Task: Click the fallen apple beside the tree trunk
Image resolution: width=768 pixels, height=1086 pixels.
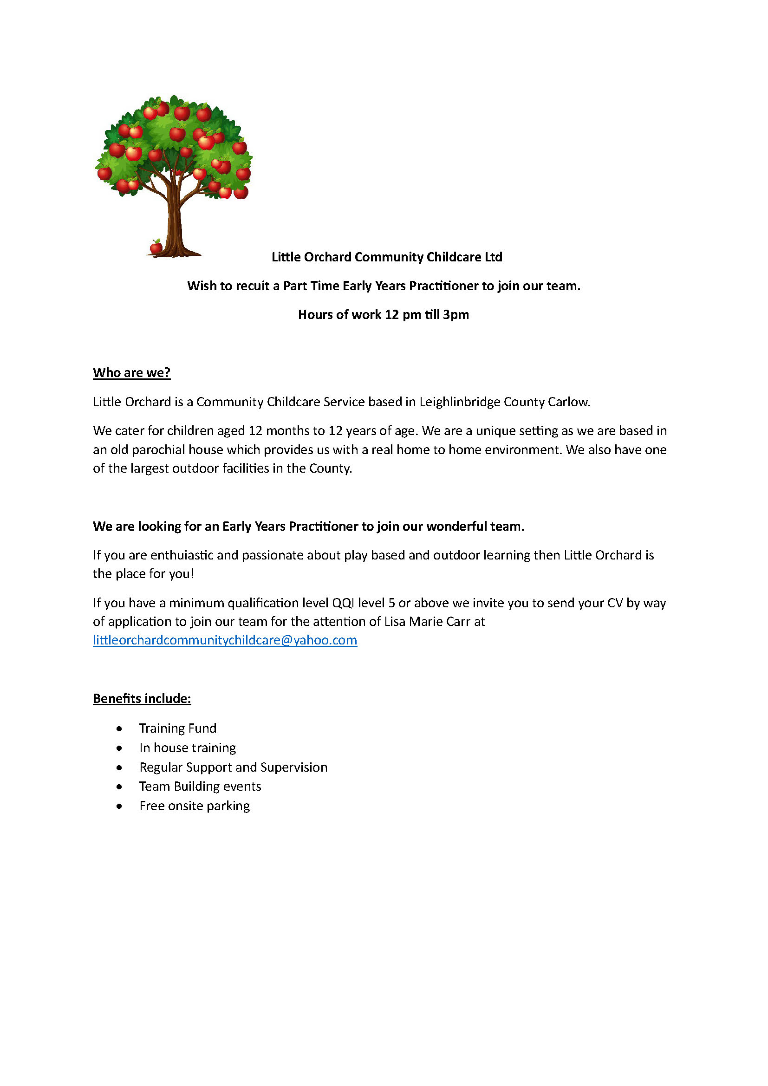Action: (156, 247)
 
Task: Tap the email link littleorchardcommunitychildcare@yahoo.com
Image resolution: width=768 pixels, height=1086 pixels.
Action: (225, 640)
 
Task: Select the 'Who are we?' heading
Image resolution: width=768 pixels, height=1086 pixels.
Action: (131, 373)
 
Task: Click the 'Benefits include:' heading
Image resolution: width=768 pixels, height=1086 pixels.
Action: (142, 699)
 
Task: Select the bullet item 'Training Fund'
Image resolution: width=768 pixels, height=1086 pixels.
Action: (178, 728)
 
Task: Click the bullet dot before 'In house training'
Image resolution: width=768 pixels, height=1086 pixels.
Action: (119, 748)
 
